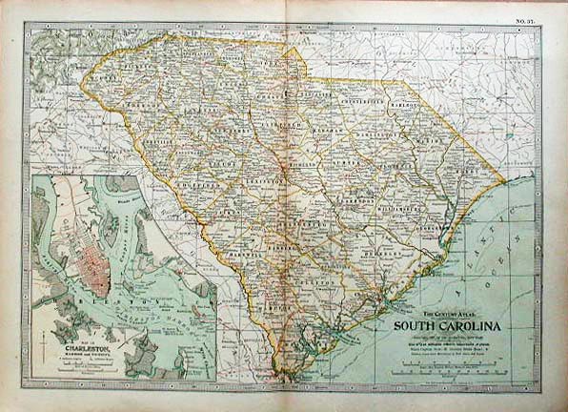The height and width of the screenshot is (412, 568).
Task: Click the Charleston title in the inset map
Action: click(87, 350)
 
